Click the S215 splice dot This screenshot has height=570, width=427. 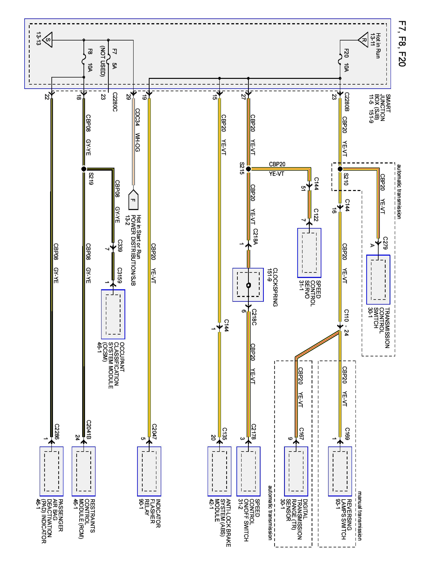(248, 169)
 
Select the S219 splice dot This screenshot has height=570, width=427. (84, 169)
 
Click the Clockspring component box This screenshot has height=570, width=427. (248, 285)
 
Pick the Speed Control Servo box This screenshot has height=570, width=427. (309, 253)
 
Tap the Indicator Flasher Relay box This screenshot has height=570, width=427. (149, 471)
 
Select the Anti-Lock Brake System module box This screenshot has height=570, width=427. (219, 471)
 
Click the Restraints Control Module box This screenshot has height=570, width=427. (84, 471)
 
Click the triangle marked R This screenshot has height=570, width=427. (363, 40)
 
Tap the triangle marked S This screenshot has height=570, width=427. (48, 40)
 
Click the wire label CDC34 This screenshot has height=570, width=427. (137, 117)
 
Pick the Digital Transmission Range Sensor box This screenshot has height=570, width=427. (296, 471)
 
